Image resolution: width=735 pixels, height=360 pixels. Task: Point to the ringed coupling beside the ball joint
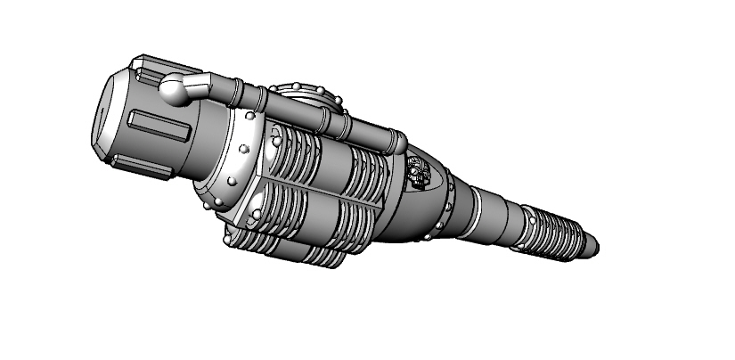(x=236, y=90)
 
